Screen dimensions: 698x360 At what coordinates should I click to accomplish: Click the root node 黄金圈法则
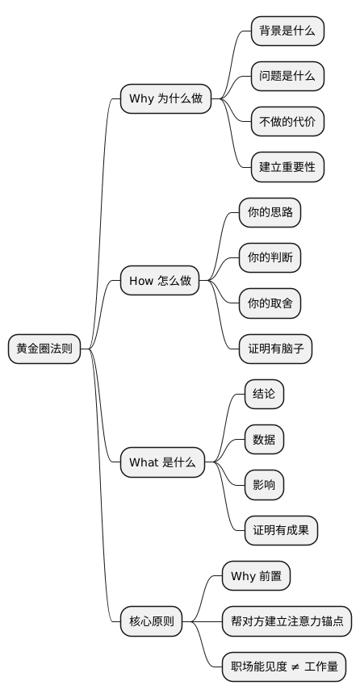click(x=44, y=349)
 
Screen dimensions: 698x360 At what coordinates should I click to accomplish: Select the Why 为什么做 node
click(x=165, y=99)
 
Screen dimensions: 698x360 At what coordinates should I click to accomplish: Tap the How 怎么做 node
click(x=160, y=281)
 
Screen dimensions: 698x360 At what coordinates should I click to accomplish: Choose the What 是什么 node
click(x=162, y=462)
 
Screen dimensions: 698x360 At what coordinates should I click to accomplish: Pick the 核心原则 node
click(x=152, y=621)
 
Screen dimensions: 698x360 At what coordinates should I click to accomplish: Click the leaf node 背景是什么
click(x=287, y=31)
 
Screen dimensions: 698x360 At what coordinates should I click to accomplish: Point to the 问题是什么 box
click(x=287, y=77)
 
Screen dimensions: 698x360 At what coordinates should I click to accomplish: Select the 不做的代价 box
click(x=287, y=122)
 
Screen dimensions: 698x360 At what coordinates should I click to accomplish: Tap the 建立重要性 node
click(x=287, y=167)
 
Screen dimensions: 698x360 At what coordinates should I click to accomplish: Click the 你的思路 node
click(x=270, y=213)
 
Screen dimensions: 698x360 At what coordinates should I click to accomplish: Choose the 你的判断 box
click(x=270, y=258)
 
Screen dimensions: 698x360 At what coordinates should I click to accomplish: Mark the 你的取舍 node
click(x=270, y=303)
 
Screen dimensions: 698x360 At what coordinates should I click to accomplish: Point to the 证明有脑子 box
click(x=275, y=349)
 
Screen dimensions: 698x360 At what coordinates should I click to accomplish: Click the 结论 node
click(x=264, y=395)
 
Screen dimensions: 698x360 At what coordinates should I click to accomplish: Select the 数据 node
click(x=264, y=440)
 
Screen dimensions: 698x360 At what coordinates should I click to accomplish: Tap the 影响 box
click(x=264, y=485)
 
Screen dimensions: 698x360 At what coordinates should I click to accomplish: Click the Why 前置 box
click(x=256, y=576)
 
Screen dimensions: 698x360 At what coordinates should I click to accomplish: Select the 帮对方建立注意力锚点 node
click(x=287, y=621)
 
